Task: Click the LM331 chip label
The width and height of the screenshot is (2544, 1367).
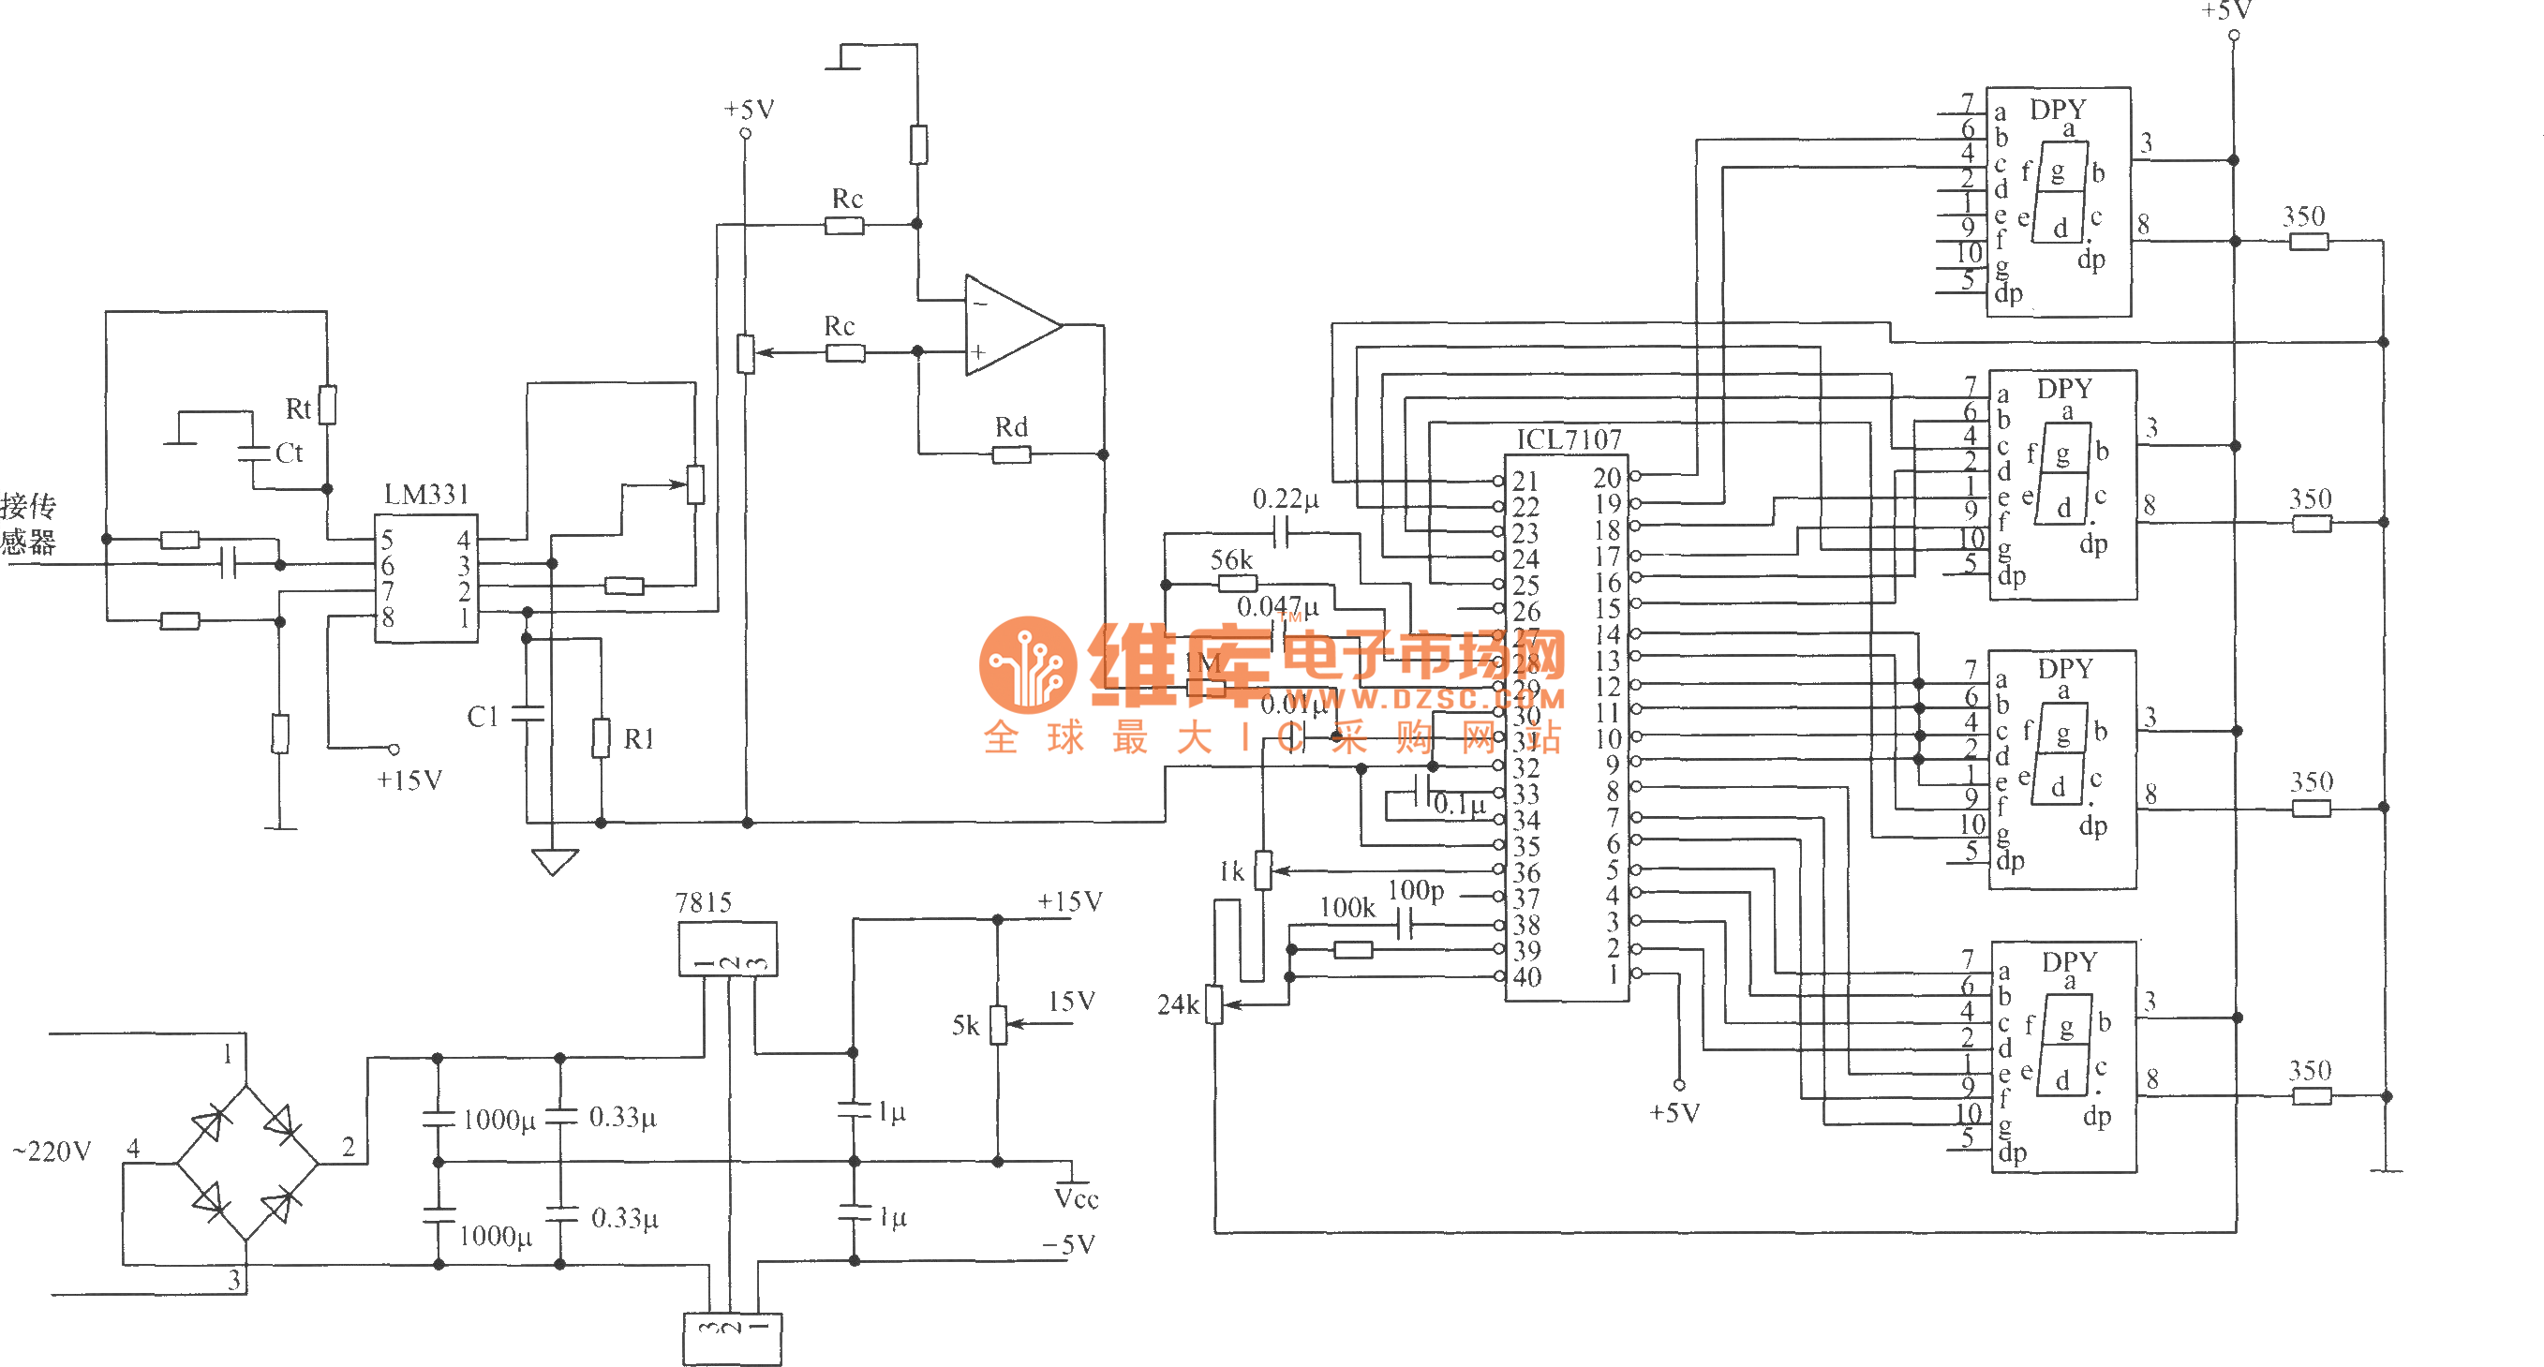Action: click(x=425, y=494)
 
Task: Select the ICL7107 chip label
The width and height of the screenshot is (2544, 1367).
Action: click(x=1569, y=439)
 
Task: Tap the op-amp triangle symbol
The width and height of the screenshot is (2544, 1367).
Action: click(x=1009, y=325)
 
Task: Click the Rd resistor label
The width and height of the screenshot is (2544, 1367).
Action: click(x=1010, y=426)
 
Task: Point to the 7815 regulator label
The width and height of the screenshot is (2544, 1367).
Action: click(x=703, y=903)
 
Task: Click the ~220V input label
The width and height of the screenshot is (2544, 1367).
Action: click(x=52, y=1152)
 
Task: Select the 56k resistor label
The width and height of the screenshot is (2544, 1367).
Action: click(x=1230, y=560)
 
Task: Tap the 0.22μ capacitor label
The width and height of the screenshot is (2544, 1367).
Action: click(x=1285, y=498)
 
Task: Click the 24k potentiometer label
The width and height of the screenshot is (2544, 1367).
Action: click(x=1177, y=1005)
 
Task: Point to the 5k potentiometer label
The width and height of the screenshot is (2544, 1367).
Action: click(x=965, y=1026)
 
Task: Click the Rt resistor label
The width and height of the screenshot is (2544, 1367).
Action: click(x=297, y=409)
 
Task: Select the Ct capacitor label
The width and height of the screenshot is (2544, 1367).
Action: click(x=289, y=453)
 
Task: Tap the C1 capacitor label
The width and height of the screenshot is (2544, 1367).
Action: click(x=482, y=716)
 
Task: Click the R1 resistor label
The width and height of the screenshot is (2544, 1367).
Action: click(x=638, y=739)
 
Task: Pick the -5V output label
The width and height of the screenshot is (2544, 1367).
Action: click(x=1068, y=1244)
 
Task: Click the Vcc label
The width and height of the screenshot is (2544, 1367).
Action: click(x=1076, y=1199)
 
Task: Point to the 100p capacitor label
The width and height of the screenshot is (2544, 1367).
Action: click(x=1415, y=890)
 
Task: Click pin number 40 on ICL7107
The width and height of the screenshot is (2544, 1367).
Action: click(x=1525, y=978)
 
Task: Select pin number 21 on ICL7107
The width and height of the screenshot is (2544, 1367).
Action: click(x=1525, y=481)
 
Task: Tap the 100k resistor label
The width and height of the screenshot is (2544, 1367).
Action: click(x=1347, y=908)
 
